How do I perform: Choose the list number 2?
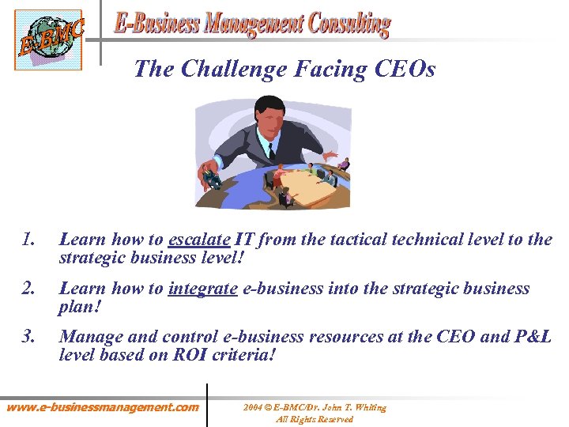pos(29,289)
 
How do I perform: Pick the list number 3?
pos(29,337)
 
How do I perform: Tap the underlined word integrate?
pos(202,289)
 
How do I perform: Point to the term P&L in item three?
pos(532,337)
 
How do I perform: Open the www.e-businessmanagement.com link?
pos(103,408)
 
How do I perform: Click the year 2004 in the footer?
pos(253,408)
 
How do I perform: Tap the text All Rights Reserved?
pos(315,419)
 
